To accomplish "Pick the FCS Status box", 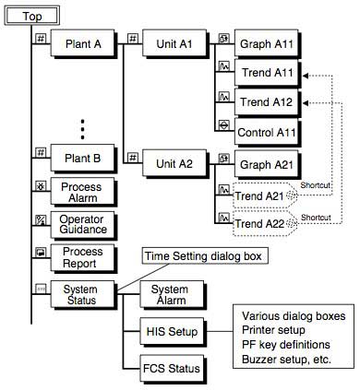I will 167,368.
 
